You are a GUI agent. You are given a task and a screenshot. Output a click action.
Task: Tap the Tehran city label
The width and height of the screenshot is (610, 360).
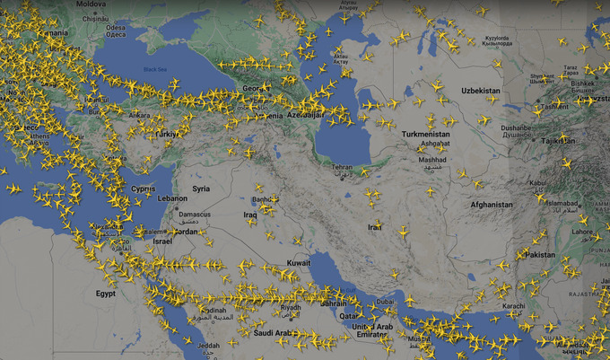tap(342, 168)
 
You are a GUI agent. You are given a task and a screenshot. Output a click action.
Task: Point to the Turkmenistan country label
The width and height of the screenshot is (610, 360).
tap(426, 134)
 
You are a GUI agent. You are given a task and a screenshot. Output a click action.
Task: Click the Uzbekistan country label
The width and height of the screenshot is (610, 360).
tap(480, 92)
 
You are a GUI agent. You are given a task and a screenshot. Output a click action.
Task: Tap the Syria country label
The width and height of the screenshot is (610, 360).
tap(200, 189)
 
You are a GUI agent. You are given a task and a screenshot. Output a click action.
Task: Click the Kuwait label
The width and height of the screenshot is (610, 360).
tap(298, 263)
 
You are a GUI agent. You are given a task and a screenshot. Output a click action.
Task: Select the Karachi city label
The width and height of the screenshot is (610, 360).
tap(514, 307)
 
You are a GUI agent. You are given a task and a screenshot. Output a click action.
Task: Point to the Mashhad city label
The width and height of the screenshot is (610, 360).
tap(431, 160)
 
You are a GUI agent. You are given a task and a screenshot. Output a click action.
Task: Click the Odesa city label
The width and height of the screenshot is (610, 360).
tap(116, 28)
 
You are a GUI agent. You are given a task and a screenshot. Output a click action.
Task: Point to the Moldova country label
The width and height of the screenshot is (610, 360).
tap(91, 4)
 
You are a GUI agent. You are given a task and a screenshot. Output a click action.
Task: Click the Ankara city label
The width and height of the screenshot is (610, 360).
tap(140, 115)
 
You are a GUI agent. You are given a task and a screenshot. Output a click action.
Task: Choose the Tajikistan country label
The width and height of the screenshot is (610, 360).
tap(559, 141)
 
